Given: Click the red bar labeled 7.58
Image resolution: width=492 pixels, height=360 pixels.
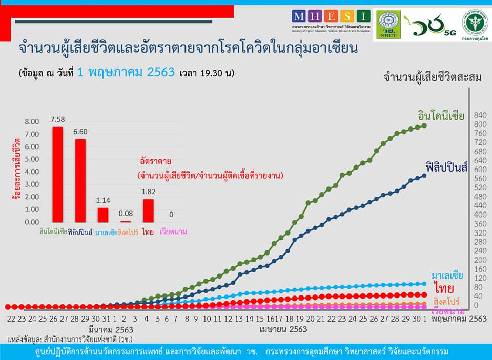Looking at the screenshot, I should pyautogui.click(x=58, y=174).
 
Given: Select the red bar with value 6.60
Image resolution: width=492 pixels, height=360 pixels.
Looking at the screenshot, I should pyautogui.click(x=79, y=180).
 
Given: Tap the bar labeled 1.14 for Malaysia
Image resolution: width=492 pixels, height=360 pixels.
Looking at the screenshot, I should pyautogui.click(x=103, y=215).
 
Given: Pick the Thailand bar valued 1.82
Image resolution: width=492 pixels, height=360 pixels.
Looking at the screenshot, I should pyautogui.click(x=149, y=210).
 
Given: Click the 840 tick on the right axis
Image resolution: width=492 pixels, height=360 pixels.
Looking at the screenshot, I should pyautogui.click(x=480, y=115).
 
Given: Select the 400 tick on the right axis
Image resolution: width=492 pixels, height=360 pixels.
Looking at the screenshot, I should pyautogui.click(x=480, y=215).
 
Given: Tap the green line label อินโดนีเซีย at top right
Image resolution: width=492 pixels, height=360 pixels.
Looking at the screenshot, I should pyautogui.click(x=441, y=116).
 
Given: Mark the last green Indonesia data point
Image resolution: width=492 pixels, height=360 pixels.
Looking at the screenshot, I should pyautogui.click(x=424, y=125).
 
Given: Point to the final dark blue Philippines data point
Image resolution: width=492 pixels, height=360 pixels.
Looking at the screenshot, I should pyautogui.click(x=424, y=176).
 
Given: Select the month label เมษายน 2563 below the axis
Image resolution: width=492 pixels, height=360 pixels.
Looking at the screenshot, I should pyautogui.click(x=283, y=329).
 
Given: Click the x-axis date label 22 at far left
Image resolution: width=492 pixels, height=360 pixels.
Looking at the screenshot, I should pyautogui.click(x=11, y=319).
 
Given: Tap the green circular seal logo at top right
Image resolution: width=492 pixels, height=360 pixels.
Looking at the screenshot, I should pyautogui.click(x=475, y=22).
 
